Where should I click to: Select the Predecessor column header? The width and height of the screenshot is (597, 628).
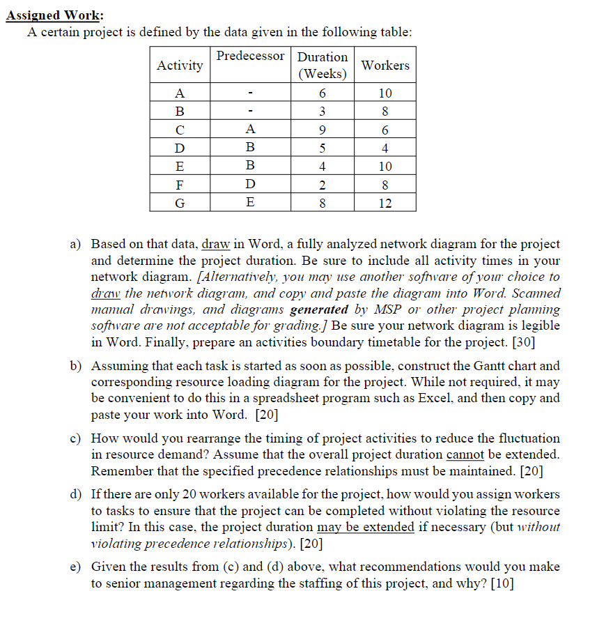tap(250, 56)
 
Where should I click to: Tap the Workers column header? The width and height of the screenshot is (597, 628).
tap(385, 66)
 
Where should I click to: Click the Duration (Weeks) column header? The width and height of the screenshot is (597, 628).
tap(322, 65)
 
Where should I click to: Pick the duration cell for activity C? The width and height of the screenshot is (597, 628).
tap(322, 130)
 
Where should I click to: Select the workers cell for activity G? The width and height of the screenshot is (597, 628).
tap(385, 203)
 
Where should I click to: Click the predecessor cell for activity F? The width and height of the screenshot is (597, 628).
tap(250, 185)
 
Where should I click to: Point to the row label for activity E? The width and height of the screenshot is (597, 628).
tap(180, 167)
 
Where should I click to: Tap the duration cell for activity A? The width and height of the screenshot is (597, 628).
tap(322, 93)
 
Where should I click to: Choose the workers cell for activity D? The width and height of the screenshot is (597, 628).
tap(385, 148)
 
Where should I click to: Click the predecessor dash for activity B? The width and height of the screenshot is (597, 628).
tap(250, 112)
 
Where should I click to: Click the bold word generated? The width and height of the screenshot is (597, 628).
tap(319, 309)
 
